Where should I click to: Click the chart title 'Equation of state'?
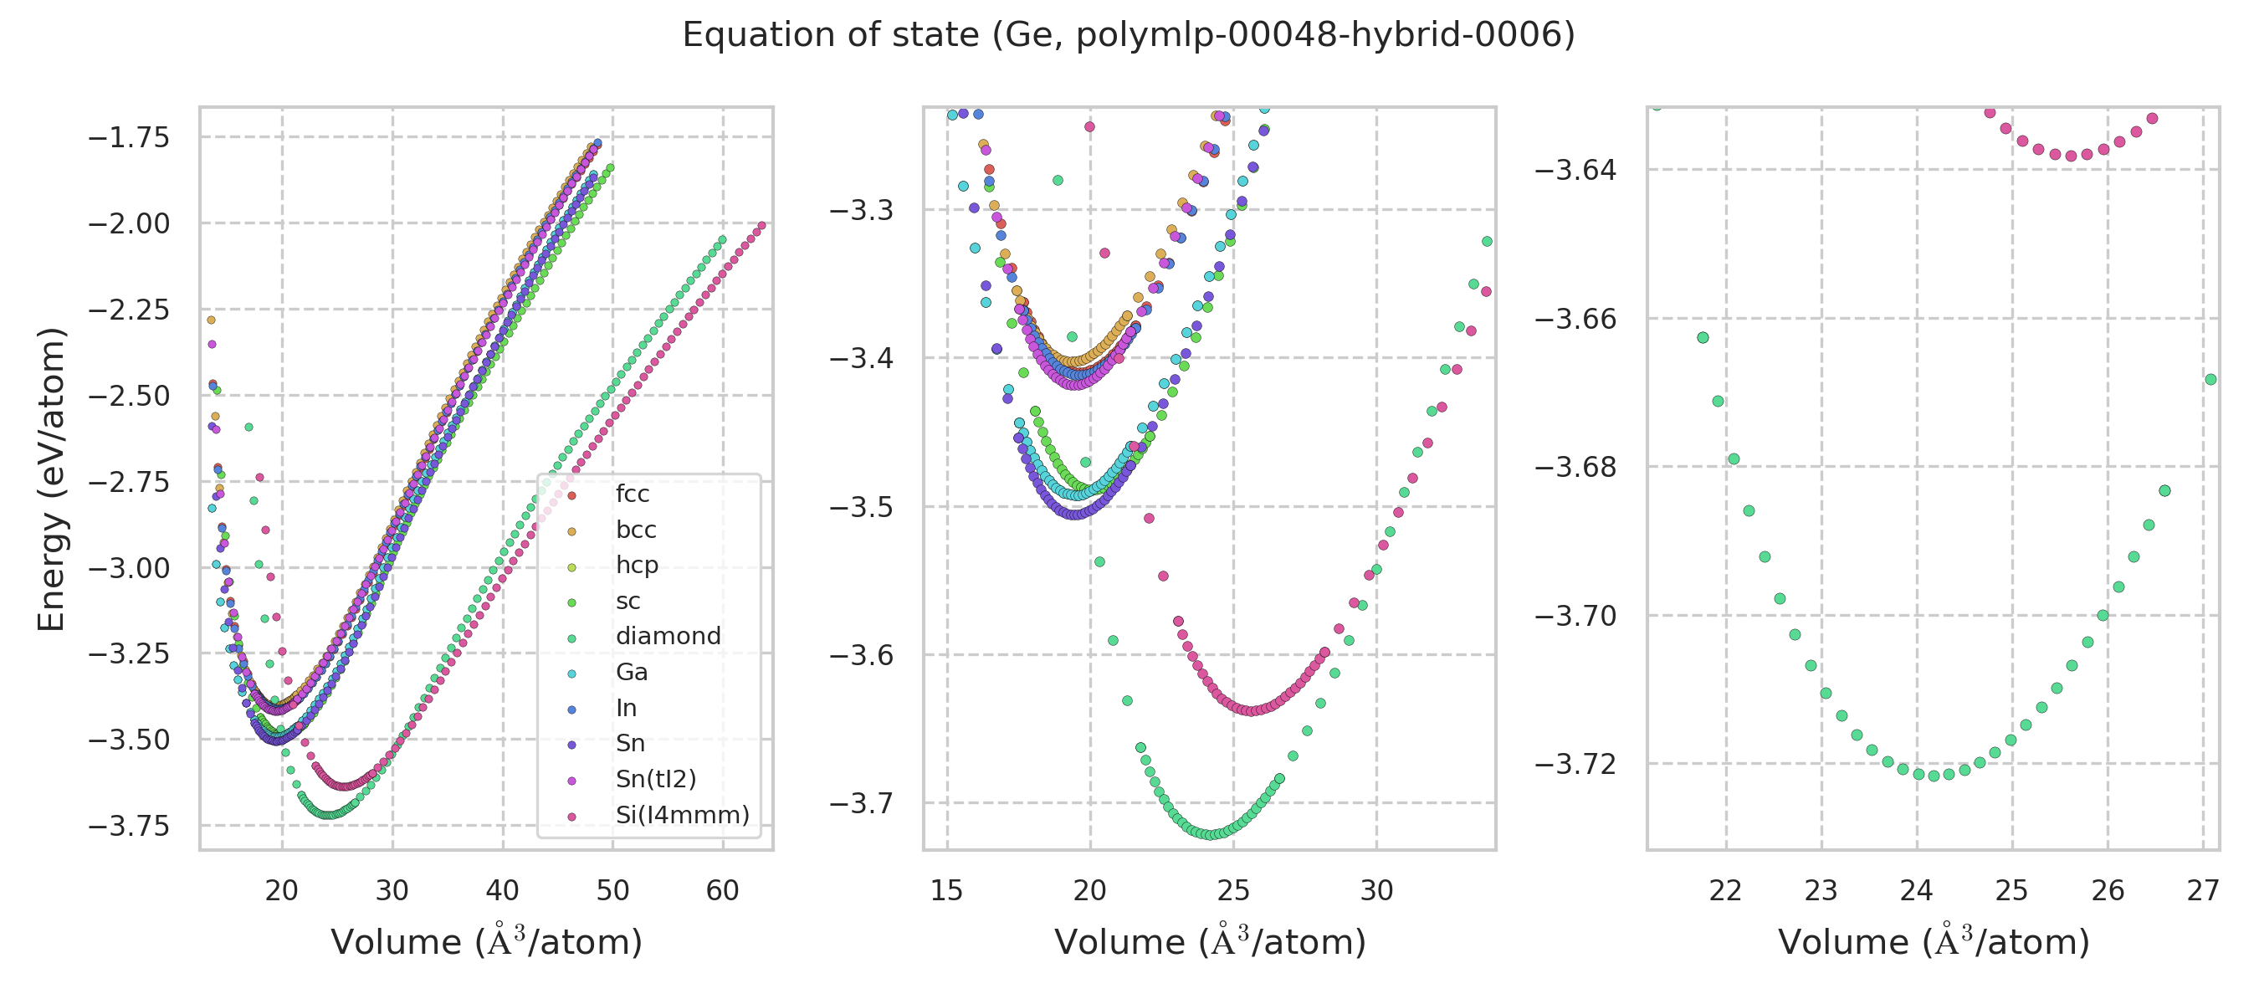[1129, 35]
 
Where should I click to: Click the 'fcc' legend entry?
[633, 494]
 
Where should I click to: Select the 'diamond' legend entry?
[668, 637]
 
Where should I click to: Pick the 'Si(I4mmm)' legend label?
[682, 816]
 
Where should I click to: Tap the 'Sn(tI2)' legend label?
[655, 780]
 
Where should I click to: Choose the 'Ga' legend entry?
[632, 673]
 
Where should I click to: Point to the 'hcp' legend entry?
[637, 566]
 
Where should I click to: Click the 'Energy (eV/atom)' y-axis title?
[52, 479]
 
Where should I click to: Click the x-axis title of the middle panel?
[1209, 943]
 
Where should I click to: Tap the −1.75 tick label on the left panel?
[129, 138]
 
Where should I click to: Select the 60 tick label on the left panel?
[723, 891]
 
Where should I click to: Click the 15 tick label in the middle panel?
[947, 891]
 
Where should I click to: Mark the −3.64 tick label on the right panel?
[1575, 170]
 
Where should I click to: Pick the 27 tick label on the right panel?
[2203, 891]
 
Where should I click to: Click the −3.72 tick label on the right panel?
[1575, 765]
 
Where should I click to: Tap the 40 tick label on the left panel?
[503, 891]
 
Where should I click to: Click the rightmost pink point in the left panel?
[761, 225]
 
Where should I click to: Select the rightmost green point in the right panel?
[2210, 380]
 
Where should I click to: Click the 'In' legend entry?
[626, 709]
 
